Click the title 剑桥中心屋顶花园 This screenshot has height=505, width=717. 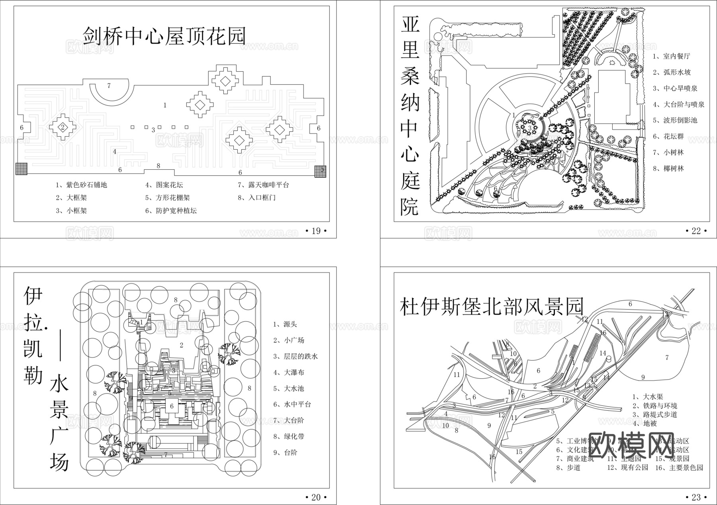164,36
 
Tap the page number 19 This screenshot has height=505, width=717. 316,231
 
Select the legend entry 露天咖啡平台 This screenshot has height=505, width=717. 263,185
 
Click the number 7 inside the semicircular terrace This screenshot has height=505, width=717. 109,86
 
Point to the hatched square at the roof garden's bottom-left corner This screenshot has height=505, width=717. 22,169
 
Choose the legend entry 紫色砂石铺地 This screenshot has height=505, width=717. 81,185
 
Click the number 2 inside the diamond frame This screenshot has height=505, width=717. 63,127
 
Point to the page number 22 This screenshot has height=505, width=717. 696,231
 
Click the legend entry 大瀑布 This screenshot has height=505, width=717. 289,372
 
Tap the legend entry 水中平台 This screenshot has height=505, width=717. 292,404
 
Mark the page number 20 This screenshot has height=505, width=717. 316,497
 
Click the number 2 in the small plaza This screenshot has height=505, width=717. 181,345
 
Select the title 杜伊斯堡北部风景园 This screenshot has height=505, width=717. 492,307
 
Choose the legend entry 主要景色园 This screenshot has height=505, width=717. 679,468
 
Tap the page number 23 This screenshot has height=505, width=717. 696,497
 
